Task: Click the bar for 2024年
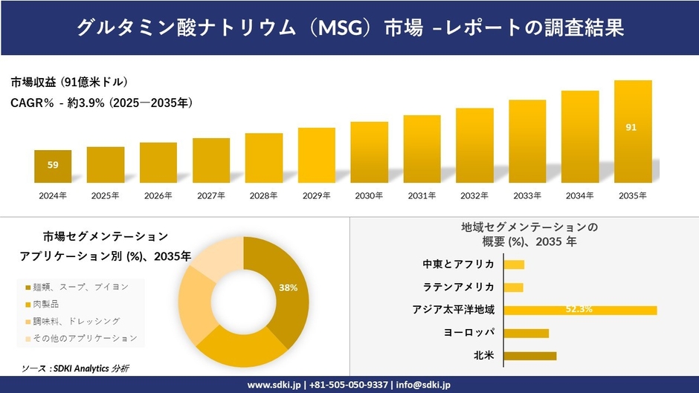pyautogui.click(x=53, y=166)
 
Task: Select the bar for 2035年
pyautogui.click(x=633, y=131)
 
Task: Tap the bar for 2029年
pyautogui.click(x=317, y=155)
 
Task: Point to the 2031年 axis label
pyautogui.click(x=422, y=195)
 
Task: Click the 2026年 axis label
pyautogui.click(x=158, y=195)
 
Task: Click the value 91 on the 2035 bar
pyautogui.click(x=631, y=128)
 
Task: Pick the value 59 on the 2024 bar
pyautogui.click(x=53, y=165)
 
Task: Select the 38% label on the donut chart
pyautogui.click(x=288, y=288)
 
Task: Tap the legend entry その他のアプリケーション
pyautogui.click(x=81, y=338)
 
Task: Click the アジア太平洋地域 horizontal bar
pyautogui.click(x=580, y=310)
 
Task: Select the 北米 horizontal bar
pyautogui.click(x=529, y=356)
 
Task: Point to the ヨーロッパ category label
pyautogui.click(x=468, y=332)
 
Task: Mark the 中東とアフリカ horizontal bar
pyautogui.click(x=514, y=264)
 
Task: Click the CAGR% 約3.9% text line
pyautogui.click(x=102, y=103)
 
